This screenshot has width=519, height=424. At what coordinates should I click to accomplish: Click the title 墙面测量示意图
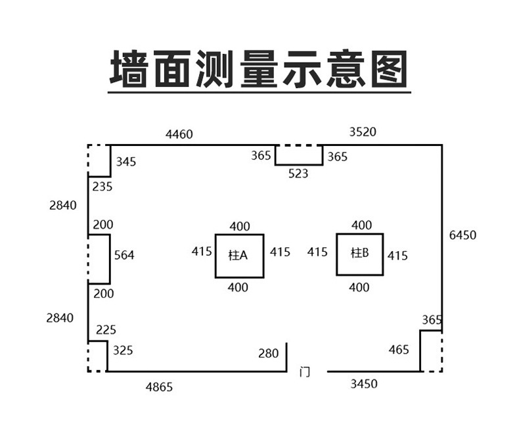tap(259, 69)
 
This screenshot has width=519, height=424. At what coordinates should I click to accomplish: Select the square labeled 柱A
tap(239, 256)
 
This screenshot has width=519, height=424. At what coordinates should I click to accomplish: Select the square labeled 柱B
tap(360, 254)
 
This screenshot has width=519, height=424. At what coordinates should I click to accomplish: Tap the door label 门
tap(304, 372)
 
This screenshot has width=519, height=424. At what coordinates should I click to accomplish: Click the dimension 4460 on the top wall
tap(179, 135)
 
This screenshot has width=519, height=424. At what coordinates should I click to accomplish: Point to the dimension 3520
tap(363, 131)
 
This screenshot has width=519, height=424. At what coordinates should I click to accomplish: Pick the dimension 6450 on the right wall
tap(463, 235)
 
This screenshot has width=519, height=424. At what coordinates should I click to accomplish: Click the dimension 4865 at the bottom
tap(159, 387)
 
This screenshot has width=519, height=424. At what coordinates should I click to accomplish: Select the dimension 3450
tap(363, 384)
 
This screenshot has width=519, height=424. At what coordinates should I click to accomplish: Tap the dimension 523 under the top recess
tap(298, 174)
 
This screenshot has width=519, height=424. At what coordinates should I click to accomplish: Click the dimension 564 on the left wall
tap(124, 255)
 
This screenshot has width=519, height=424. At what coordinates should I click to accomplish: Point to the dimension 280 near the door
tap(268, 354)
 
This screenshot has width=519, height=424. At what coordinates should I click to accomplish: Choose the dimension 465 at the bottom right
tap(398, 350)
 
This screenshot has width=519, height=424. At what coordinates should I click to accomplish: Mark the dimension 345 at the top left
tap(126, 162)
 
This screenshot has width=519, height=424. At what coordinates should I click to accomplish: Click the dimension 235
tap(102, 187)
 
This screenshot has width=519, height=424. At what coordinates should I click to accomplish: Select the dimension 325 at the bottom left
tap(122, 350)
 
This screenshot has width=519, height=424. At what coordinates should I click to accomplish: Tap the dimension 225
tap(106, 329)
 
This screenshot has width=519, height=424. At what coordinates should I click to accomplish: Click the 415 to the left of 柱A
tap(202, 251)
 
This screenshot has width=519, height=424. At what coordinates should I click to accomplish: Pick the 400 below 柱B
tap(359, 287)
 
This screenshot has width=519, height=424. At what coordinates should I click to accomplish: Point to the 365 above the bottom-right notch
tap(432, 320)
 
